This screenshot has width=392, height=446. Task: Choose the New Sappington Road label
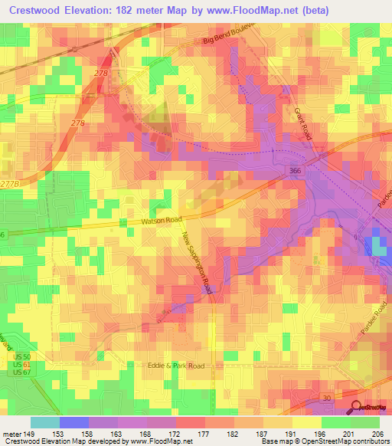198,264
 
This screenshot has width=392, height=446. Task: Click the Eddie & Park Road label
177,366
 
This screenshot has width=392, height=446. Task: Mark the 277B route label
10,184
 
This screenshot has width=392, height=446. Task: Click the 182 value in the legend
234,433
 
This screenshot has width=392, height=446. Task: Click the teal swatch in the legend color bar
44,422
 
